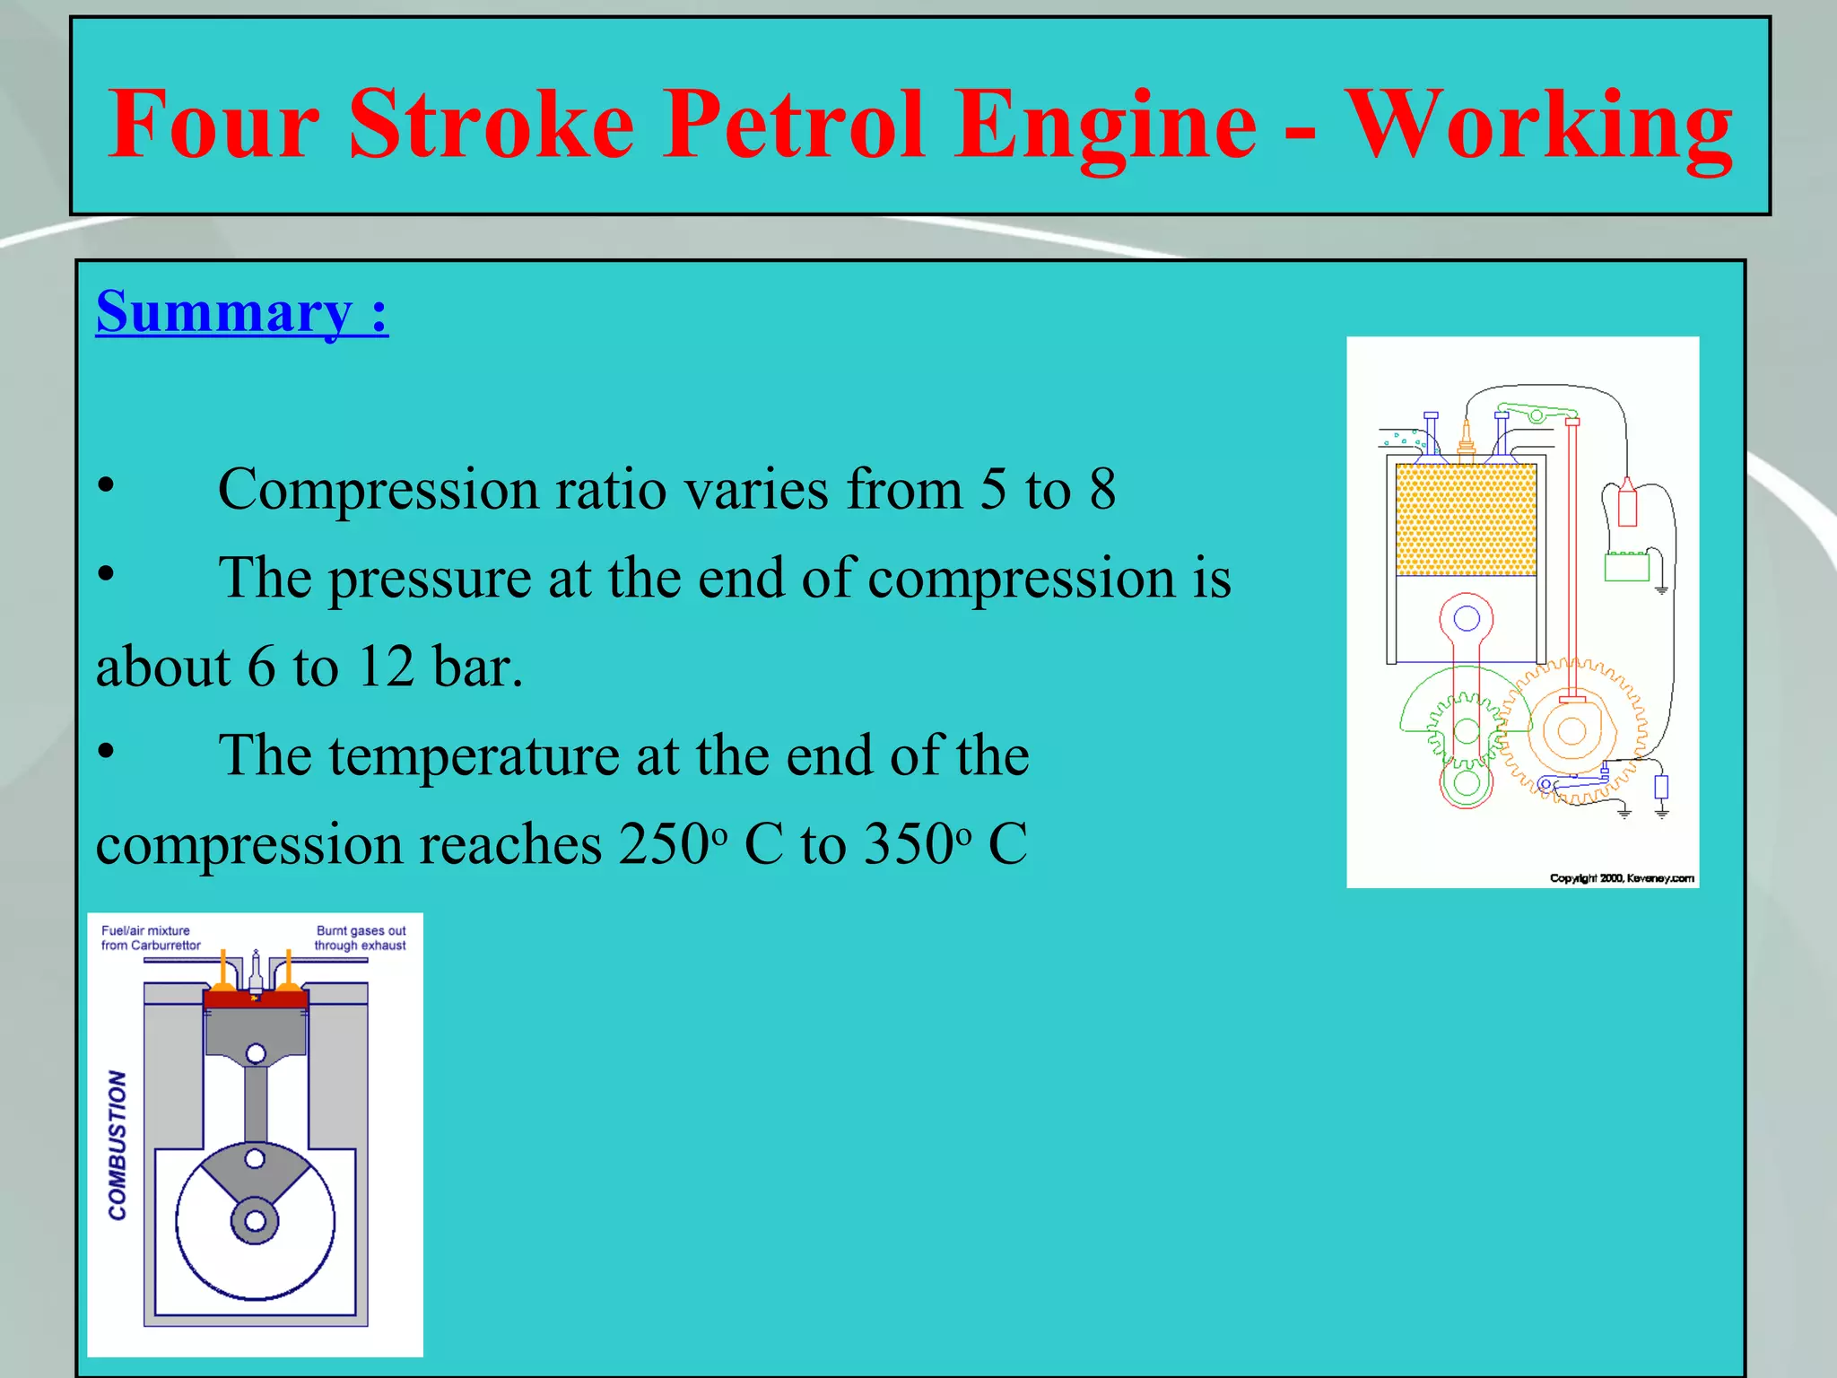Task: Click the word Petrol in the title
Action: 793,126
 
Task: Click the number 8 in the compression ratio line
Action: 1102,490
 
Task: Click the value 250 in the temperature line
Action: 664,845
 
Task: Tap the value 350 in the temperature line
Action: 908,845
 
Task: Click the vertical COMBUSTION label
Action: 118,1145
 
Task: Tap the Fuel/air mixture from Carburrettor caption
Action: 150,938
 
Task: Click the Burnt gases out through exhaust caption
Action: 360,938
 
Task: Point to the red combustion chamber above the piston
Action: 256,999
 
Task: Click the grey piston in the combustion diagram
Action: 256,1032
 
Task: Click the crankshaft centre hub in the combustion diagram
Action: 255,1221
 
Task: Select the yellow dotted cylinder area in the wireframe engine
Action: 1466,519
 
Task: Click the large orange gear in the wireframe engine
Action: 1571,731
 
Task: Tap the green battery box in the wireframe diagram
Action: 1625,567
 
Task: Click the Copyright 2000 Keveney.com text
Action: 1622,878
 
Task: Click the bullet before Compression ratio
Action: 106,485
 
